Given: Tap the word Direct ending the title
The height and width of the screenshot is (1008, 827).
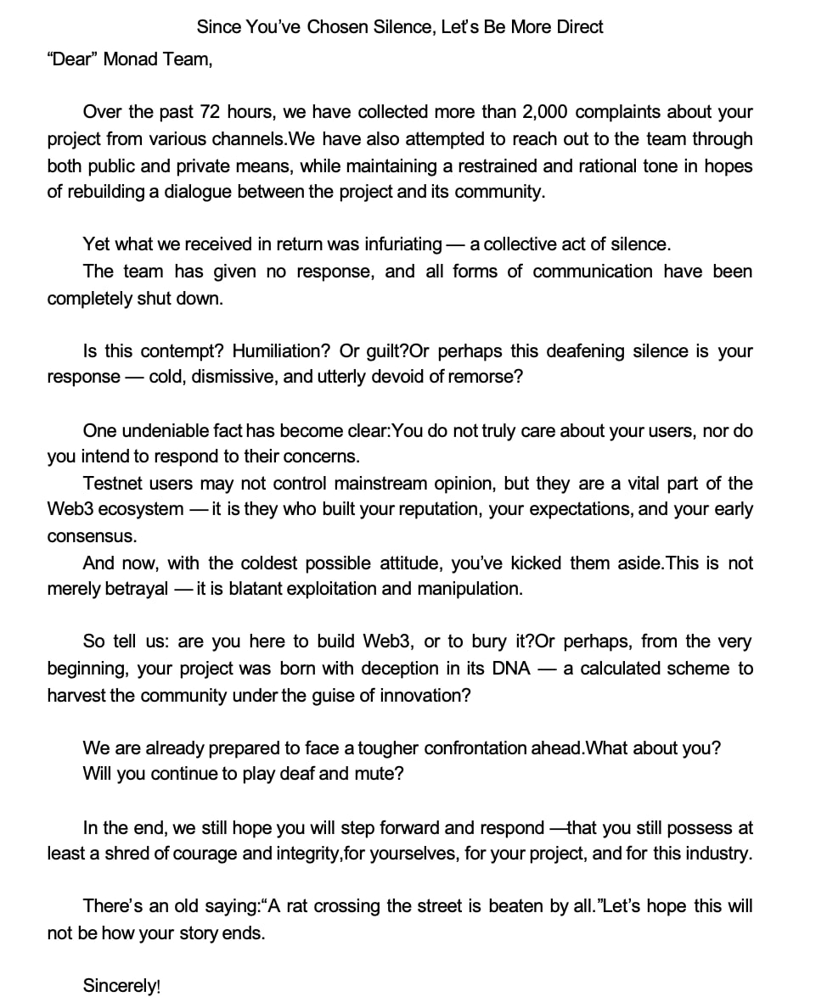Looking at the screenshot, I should (x=579, y=27).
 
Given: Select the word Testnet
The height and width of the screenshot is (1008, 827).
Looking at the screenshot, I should (x=113, y=484).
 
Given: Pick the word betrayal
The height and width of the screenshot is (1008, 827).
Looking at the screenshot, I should (x=135, y=589).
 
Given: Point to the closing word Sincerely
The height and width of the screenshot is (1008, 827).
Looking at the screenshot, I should (x=119, y=986).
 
